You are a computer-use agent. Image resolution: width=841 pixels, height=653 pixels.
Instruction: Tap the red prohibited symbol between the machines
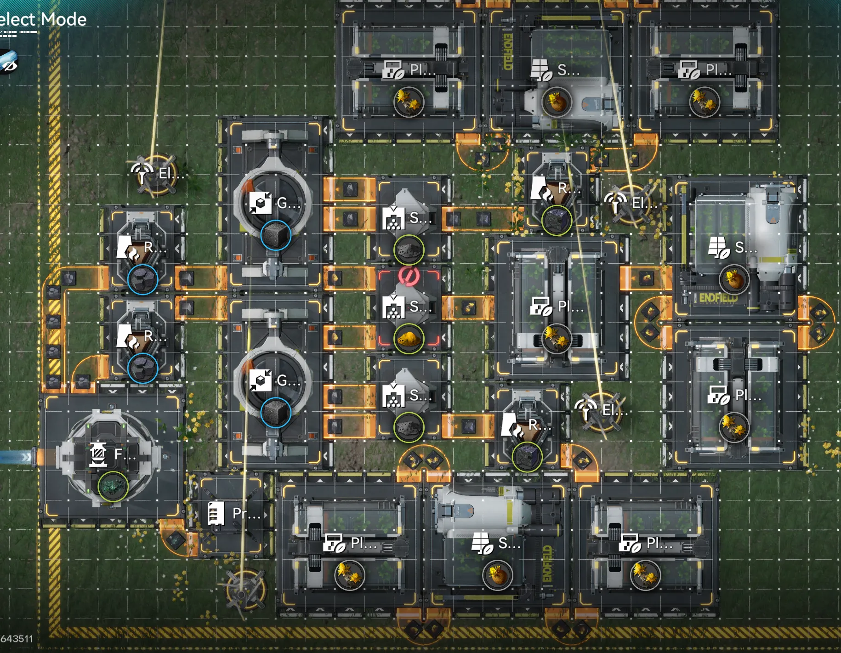[408, 276]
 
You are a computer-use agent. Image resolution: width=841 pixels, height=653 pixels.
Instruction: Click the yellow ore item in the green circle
[408, 339]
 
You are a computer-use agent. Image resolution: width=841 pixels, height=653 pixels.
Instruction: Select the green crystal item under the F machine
[113, 486]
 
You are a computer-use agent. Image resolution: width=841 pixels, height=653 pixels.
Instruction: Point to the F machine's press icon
[98, 454]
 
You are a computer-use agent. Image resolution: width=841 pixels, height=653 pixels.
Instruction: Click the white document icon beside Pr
[216, 513]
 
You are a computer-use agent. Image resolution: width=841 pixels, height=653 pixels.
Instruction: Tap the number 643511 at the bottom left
[17, 639]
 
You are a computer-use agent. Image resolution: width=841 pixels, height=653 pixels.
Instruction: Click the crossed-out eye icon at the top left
[8, 62]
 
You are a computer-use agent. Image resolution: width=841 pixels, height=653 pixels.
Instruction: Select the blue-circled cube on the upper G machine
[276, 235]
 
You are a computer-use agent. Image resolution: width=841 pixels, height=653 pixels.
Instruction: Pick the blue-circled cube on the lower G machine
[276, 412]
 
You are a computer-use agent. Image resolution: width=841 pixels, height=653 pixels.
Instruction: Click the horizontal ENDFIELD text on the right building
[718, 298]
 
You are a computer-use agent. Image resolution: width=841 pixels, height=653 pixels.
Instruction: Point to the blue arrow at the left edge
[16, 457]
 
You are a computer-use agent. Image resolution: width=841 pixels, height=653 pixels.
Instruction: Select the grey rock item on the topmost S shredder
[408, 250]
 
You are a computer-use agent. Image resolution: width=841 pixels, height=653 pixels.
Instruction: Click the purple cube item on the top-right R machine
[557, 221]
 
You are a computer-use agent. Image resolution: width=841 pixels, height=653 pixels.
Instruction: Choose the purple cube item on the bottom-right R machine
[527, 456]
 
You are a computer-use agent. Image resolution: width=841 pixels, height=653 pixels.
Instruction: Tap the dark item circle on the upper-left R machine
[142, 279]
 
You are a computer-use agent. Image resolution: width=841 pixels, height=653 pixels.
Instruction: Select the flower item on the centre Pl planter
[557, 339]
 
